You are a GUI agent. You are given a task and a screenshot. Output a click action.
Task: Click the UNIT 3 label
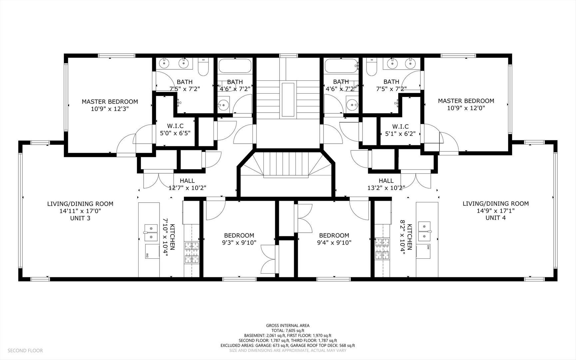[x=80, y=218]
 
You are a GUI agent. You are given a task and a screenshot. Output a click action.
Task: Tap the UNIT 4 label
[x=495, y=218]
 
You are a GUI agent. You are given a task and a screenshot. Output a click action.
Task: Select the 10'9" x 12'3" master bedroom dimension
[x=110, y=109]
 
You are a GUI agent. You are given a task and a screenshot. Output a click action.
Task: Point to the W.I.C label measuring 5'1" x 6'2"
[x=400, y=127]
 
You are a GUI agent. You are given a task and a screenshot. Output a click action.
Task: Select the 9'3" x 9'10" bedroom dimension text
[x=239, y=243]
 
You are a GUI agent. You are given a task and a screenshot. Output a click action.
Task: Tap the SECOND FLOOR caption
[x=25, y=350]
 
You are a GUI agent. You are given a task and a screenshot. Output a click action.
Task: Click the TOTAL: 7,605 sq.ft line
[x=288, y=331]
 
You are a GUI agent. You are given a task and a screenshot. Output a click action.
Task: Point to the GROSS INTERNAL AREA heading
[x=288, y=326]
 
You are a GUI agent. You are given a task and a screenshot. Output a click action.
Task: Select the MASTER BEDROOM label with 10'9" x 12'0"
[x=466, y=101]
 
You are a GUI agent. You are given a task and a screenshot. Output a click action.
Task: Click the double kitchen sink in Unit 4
[x=424, y=231]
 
